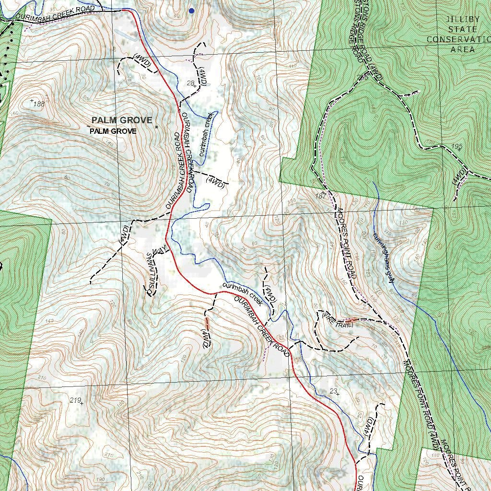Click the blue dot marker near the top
pyautogui.click(x=192, y=11)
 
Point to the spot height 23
pyautogui.click(x=334, y=391)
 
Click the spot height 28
pyautogui.click(x=190, y=83)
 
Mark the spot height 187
pyautogui.click(x=321, y=196)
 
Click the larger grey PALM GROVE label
pyautogui.click(x=122, y=120)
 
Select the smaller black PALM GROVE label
pyautogui.click(x=113, y=131)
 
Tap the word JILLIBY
pyautogui.click(x=463, y=20)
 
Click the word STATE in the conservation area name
pyautogui.click(x=463, y=30)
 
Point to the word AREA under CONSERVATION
pyautogui.click(x=463, y=49)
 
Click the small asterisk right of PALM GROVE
pyautogui.click(x=157, y=127)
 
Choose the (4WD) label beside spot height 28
pyautogui.click(x=203, y=76)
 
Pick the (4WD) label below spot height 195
pyautogui.click(x=459, y=176)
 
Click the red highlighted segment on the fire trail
pyautogui.click(x=351, y=320)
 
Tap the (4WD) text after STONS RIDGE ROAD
pyautogui.click(x=376, y=70)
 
